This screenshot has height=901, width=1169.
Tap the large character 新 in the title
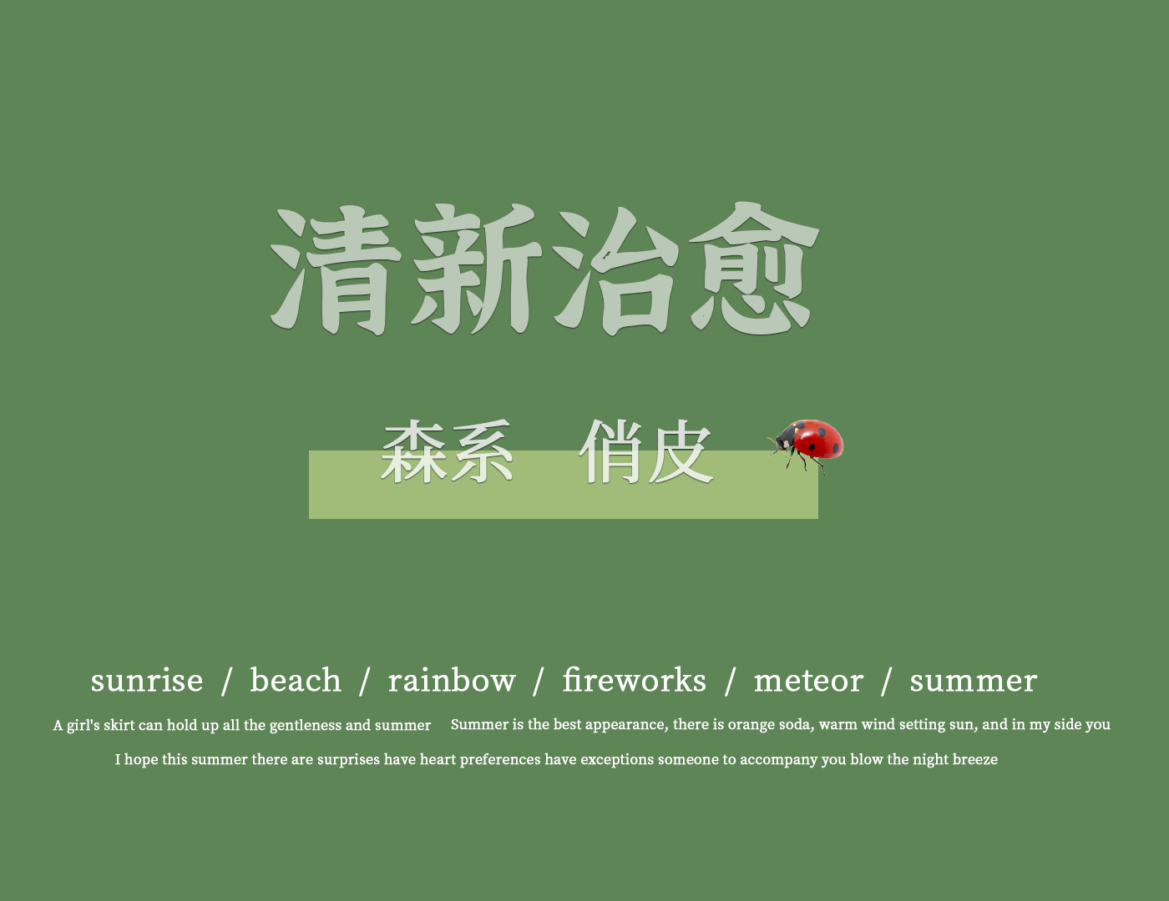click(477, 269)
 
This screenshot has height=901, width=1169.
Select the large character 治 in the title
click(616, 271)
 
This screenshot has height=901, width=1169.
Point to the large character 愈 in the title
click(754, 268)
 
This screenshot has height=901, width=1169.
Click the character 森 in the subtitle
click(413, 451)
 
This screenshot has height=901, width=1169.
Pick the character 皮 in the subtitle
click(681, 451)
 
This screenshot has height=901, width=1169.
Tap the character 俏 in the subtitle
click(611, 451)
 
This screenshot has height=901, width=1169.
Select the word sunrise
click(147, 681)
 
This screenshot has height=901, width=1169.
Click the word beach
click(296, 680)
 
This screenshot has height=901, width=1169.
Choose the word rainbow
click(452, 680)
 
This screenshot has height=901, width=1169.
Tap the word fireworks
click(635, 680)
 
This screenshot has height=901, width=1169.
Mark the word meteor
click(808, 681)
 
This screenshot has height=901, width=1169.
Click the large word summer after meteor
click(973, 682)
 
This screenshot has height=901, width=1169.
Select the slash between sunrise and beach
click(226, 681)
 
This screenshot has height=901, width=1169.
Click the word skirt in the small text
click(119, 725)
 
